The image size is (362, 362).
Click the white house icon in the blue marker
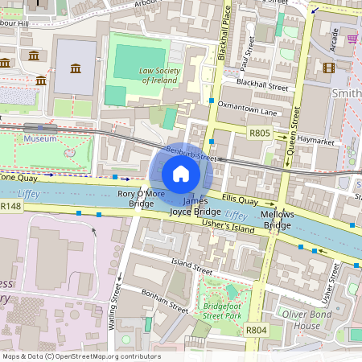(181, 174)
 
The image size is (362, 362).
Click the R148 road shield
(10, 207)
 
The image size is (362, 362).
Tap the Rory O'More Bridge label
(125, 199)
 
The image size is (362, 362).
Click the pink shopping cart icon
(352, 38)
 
